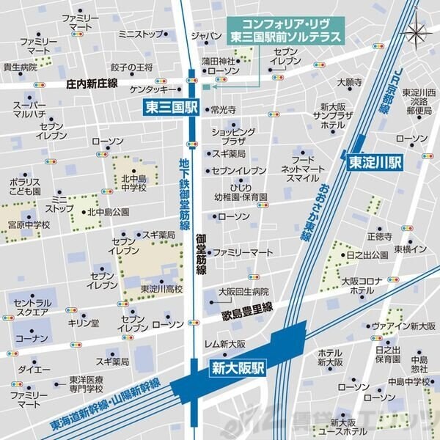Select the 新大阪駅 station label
coord(238,369)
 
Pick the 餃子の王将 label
coord(131,68)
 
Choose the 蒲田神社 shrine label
coord(219,62)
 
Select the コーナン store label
coord(31,338)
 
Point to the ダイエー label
coord(29,369)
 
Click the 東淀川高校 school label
coord(162,289)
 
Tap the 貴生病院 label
coord(20,67)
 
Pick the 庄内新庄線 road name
coord(91,84)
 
